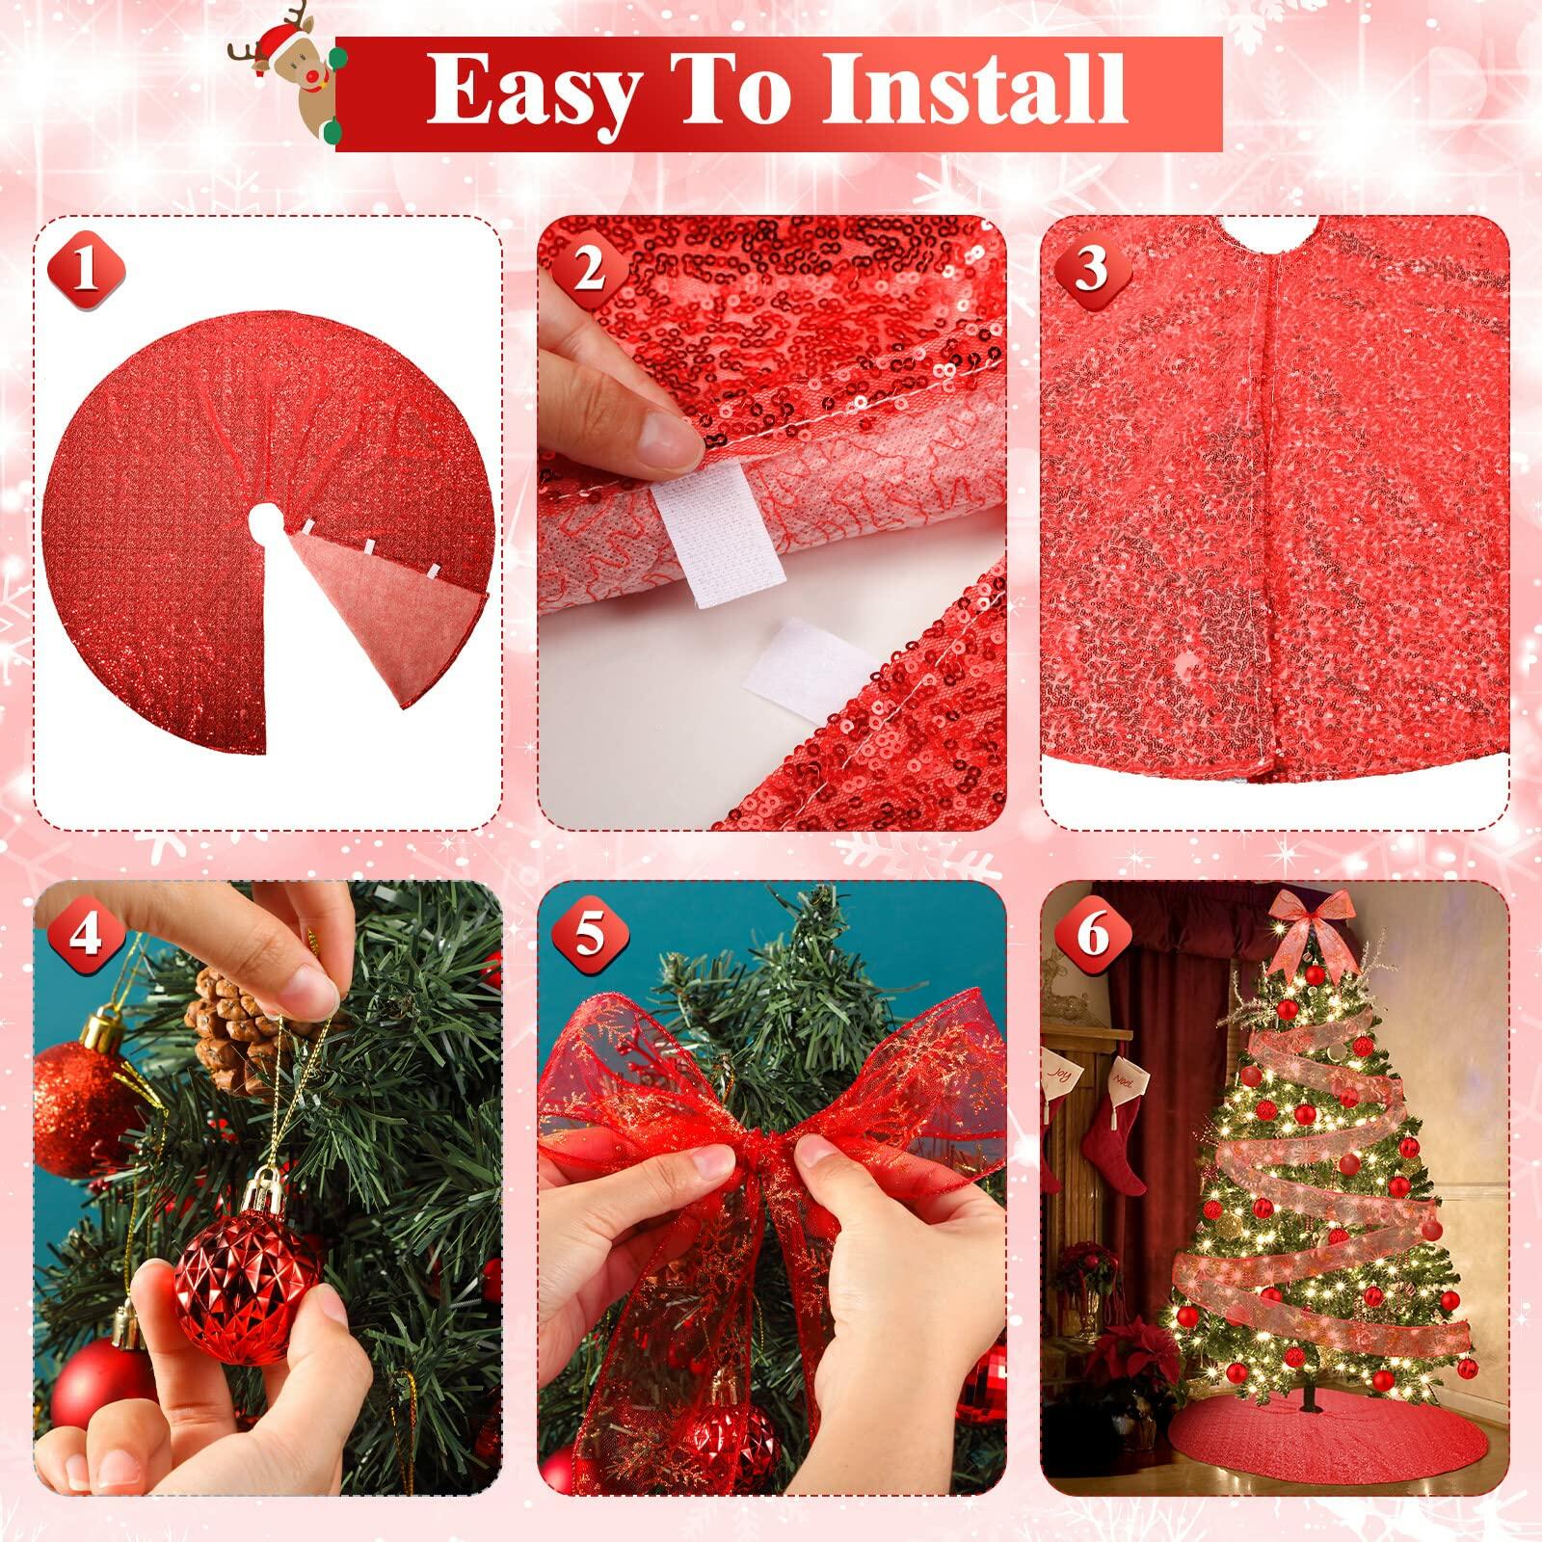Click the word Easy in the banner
pyautogui.click(x=531, y=90)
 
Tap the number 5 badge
pyautogui.click(x=589, y=934)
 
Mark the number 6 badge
pyautogui.click(x=1092, y=934)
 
